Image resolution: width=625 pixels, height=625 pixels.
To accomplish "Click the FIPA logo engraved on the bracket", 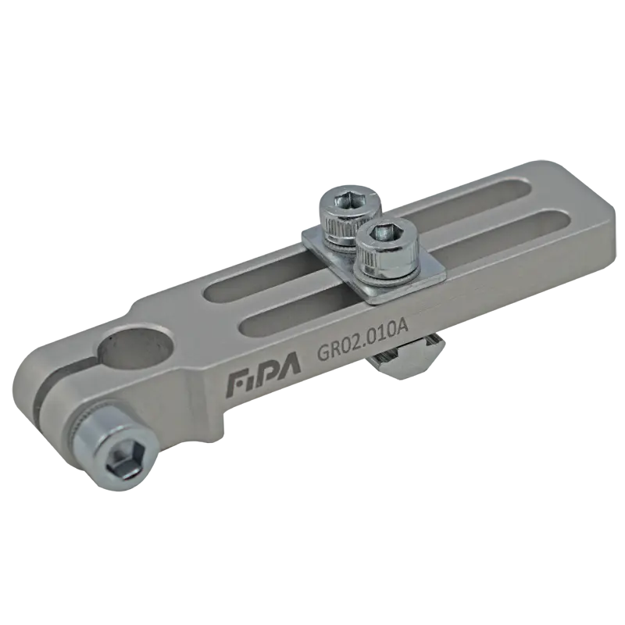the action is [x=263, y=377].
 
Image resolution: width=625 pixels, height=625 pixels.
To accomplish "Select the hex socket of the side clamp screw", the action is [x=124, y=464].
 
